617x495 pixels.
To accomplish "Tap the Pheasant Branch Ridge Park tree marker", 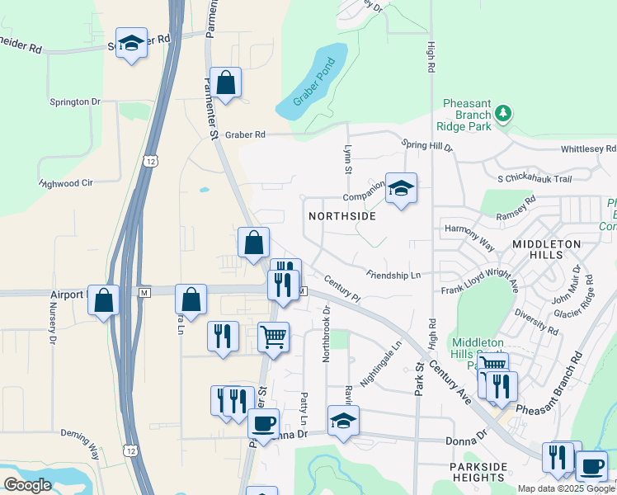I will tap(504, 113).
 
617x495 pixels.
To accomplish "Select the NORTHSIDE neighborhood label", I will tap(341, 216).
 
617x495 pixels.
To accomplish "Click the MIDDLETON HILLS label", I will tap(546, 244).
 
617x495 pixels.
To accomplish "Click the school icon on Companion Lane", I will tap(401, 189).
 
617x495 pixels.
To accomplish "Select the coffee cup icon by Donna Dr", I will tap(263, 424).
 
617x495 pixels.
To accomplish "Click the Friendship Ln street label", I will tap(393, 273).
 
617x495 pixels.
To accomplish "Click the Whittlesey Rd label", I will tap(588, 148).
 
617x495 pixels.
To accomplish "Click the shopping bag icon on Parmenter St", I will tap(225, 82).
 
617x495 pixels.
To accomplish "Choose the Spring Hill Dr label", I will tap(427, 146).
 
